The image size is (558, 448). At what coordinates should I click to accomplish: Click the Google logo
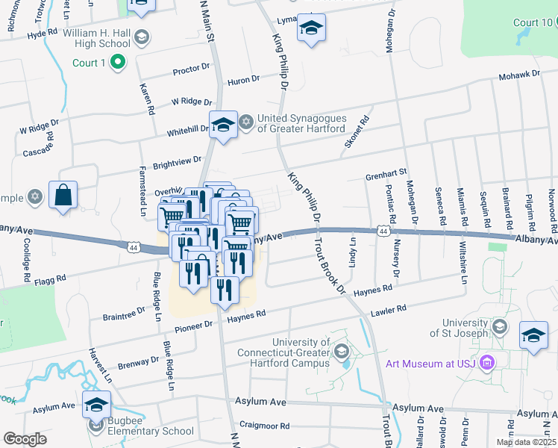25,439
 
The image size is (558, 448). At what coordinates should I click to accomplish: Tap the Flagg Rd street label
50,280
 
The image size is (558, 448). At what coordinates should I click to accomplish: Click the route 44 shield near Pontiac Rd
383,231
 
